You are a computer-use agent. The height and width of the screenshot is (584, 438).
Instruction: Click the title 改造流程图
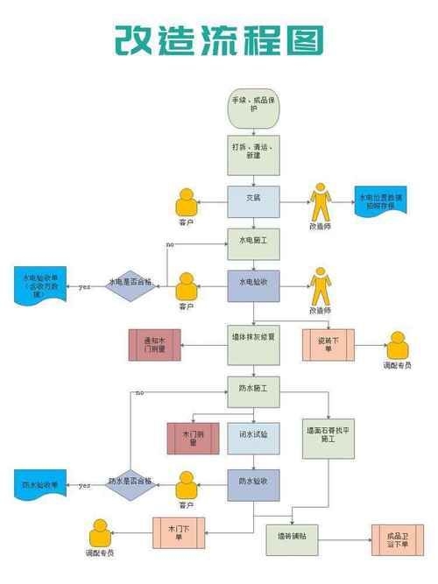tap(219, 39)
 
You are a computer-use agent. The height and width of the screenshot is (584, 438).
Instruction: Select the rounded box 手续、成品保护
tap(254, 103)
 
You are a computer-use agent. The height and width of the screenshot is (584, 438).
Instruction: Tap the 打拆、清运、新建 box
tap(254, 154)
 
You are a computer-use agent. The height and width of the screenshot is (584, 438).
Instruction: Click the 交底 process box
tap(254, 201)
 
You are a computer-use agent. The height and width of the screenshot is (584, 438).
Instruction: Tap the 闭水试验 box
tap(254, 437)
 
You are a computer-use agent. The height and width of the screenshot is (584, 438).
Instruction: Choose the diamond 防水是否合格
tap(130, 482)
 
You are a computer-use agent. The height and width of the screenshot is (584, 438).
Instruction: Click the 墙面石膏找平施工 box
tap(328, 436)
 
